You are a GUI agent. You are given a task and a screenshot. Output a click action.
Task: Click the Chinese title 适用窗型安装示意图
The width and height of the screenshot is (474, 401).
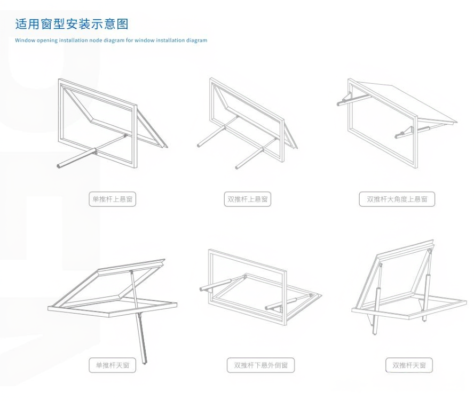tap(72, 24)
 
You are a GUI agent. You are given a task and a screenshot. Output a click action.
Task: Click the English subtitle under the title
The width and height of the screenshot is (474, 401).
tap(111, 40)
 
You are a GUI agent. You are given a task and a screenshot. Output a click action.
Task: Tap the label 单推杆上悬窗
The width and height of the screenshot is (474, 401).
tap(112, 199)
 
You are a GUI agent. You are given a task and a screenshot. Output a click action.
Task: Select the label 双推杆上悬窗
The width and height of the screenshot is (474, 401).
tap(248, 199)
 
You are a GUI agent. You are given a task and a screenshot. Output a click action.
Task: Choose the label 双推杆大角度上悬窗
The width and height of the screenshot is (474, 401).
tap(397, 199)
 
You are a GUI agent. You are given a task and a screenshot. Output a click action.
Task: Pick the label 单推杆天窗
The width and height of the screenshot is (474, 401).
tap(112, 365)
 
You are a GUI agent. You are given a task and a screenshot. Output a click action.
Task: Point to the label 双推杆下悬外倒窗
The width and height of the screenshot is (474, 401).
tap(261, 365)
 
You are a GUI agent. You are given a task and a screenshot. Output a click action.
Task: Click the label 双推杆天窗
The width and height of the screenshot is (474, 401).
tap(409, 365)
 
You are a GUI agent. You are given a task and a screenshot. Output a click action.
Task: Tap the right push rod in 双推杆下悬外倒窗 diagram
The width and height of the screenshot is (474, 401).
tap(283, 303)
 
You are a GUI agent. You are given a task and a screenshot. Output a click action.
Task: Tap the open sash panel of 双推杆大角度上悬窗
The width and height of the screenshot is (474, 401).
tap(411, 101)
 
